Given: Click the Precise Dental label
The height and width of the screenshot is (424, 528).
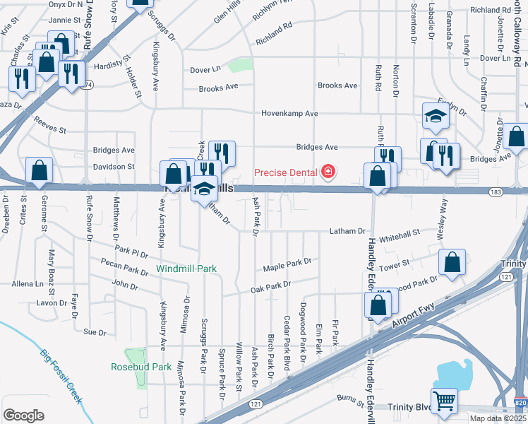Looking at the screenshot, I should (x=286, y=172).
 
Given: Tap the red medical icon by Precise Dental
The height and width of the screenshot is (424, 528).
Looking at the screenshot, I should (x=328, y=171).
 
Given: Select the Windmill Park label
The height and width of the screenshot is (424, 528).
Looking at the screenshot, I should (x=186, y=269).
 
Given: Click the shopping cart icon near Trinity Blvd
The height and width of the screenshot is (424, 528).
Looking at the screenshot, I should (x=445, y=401).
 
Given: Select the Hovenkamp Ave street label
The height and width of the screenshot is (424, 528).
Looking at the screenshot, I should (x=289, y=113).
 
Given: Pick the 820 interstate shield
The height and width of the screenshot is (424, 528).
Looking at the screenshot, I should (x=521, y=401).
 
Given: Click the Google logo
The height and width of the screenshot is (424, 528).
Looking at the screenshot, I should (x=23, y=416).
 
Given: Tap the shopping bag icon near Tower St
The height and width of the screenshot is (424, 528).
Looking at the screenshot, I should (x=451, y=262).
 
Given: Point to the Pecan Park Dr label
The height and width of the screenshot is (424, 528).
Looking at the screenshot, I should (x=124, y=269).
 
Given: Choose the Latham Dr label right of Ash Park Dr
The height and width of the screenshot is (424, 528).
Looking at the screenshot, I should (x=348, y=231).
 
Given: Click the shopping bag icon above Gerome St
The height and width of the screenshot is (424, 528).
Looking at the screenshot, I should (x=39, y=170).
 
